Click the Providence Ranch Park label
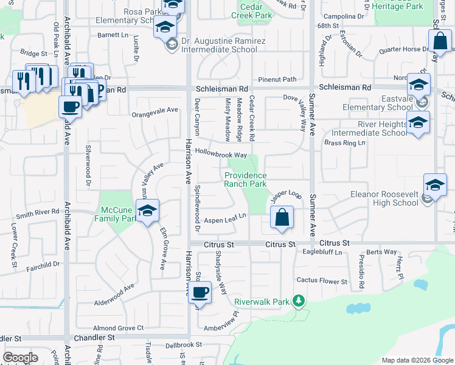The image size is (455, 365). pyautogui.click(x=245, y=179)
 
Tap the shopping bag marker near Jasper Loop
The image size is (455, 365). pyautogui.click(x=282, y=218)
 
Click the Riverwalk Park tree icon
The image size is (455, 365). pyautogui.click(x=298, y=301)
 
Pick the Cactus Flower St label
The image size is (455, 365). pyautogui.click(x=322, y=281)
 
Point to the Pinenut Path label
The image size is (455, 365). pyautogui.click(x=277, y=79)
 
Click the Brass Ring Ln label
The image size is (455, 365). pyautogui.click(x=345, y=143)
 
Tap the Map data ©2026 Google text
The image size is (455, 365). pyautogui.click(x=417, y=360)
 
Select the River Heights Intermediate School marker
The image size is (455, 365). pyautogui.click(x=418, y=124)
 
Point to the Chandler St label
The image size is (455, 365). pyautogui.click(x=94, y=337)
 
